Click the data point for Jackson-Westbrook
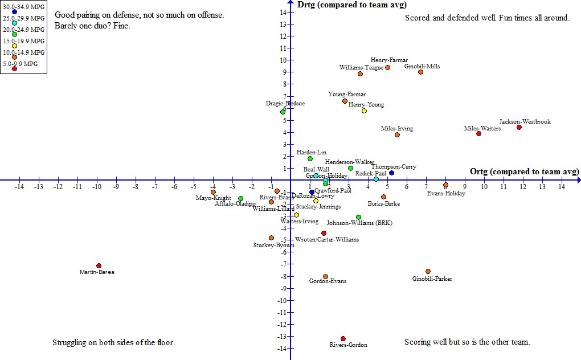pos(519,127)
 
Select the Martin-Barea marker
pos(99,265)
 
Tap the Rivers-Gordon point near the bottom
pos(343,338)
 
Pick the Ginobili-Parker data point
pos(428,271)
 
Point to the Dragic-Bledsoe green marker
pos(283,112)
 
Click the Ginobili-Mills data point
pos(420,72)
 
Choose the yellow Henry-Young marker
pos(364,111)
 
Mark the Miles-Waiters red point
pos(478,133)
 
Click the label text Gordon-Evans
pos(328,281)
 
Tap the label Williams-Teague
pos(362,67)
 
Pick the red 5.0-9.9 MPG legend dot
pos(14,69)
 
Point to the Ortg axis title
pos(524,171)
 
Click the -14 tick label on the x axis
pos(19,187)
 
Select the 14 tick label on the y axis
pos(283,12)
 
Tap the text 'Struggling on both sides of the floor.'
pos(113,343)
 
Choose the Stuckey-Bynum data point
pos(271,238)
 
